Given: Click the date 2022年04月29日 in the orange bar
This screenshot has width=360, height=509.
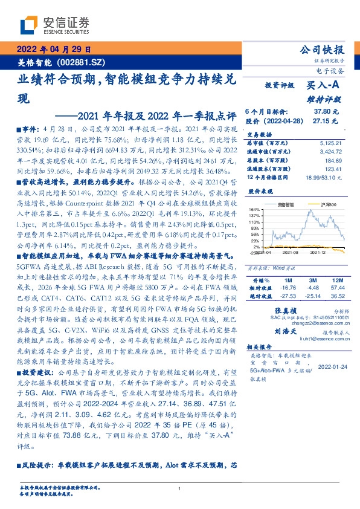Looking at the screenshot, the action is point(53,50).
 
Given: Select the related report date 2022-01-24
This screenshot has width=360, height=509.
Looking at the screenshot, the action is point(332,366).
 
